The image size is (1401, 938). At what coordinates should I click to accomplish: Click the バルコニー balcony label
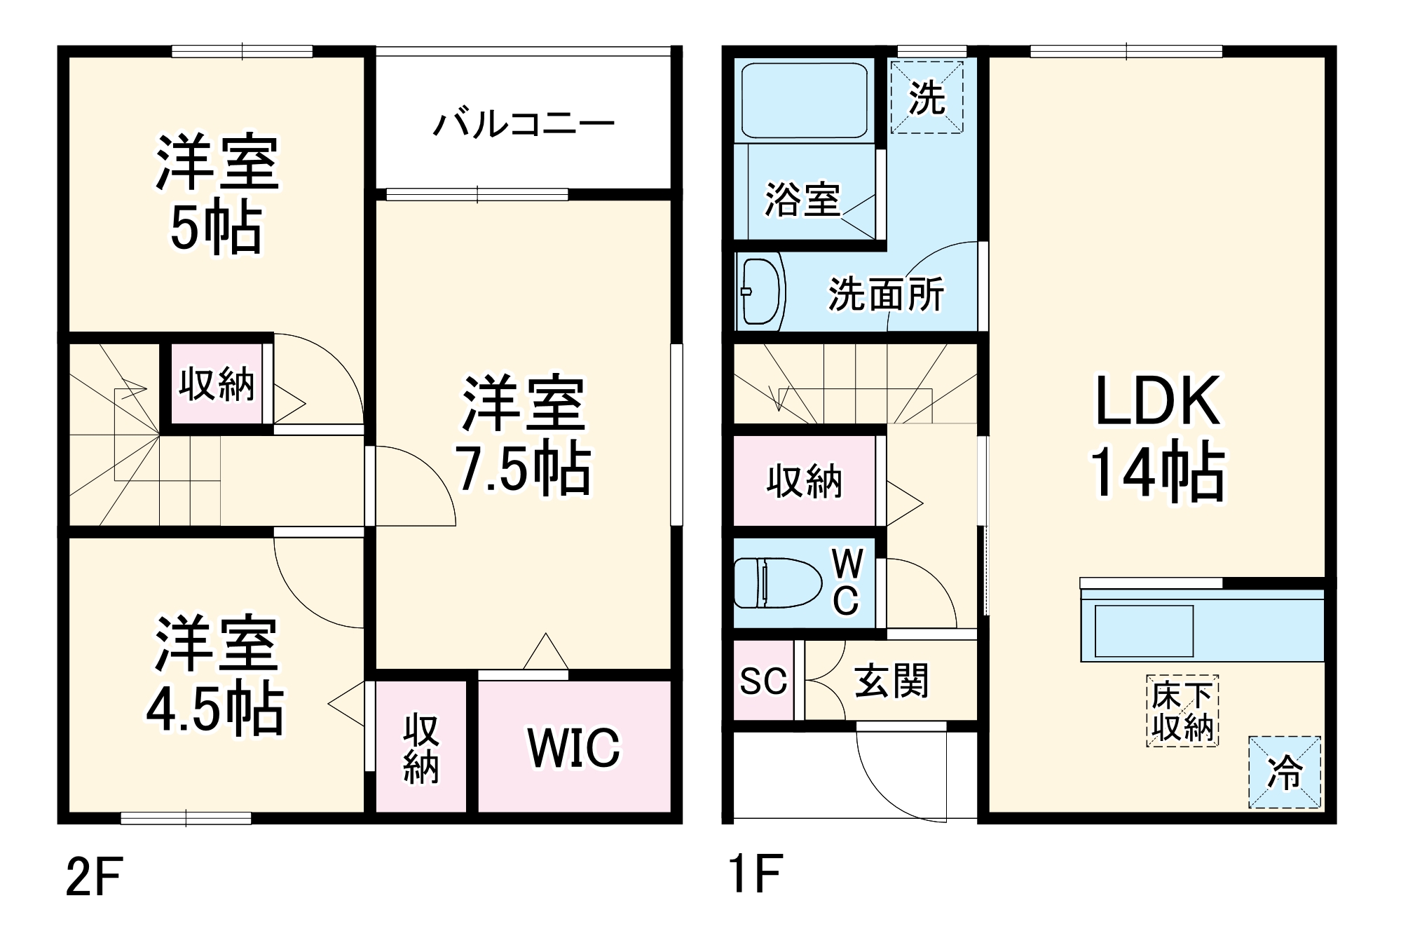point(524,124)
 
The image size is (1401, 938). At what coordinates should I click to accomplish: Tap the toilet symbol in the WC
point(778,582)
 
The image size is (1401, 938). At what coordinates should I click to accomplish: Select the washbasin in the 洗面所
point(761,292)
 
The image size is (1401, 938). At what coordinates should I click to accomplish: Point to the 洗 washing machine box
point(927,97)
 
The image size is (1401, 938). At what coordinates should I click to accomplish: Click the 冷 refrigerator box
point(1284,772)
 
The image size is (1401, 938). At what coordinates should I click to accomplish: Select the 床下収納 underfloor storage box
point(1182,711)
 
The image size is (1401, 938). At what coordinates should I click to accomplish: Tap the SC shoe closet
point(763,680)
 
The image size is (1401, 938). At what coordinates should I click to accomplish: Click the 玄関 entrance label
point(891,680)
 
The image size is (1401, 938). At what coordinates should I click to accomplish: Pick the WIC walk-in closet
point(574,747)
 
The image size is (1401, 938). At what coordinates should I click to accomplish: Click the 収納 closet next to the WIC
point(421,747)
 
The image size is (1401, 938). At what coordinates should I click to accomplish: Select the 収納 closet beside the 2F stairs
point(217,384)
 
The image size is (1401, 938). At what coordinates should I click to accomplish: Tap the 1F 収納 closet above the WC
point(804,481)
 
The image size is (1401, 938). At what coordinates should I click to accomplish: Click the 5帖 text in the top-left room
point(217,229)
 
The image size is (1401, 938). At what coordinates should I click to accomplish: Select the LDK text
point(1157,401)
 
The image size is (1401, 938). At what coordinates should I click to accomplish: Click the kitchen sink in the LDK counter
point(1144,631)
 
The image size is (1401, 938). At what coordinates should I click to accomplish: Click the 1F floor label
point(754,874)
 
